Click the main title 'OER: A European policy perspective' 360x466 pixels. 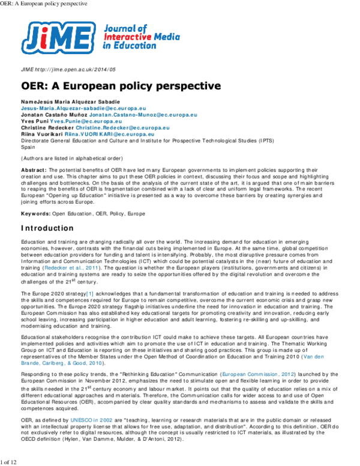click(x=112, y=86)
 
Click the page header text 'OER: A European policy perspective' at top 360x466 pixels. click(x=44, y=4)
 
